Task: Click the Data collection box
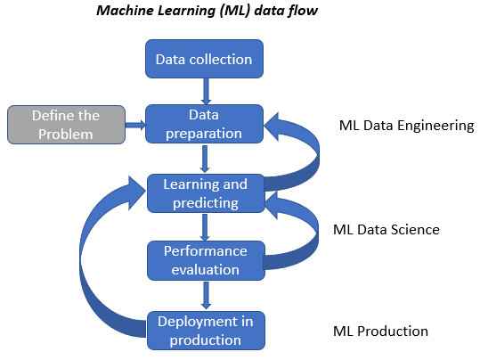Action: click(x=204, y=59)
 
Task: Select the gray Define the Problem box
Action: click(x=66, y=125)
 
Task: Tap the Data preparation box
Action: click(x=204, y=124)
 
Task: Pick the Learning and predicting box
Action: click(x=206, y=193)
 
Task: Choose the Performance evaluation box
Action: click(x=206, y=260)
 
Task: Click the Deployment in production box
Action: click(x=206, y=331)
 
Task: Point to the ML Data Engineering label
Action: click(x=406, y=126)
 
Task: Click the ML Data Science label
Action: click(x=386, y=230)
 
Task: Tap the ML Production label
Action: click(x=380, y=331)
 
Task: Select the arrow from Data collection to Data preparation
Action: click(x=206, y=91)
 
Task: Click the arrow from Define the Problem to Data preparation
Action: click(x=135, y=125)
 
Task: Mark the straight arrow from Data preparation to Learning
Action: click(x=205, y=159)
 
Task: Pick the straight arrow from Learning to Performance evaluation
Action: click(x=205, y=227)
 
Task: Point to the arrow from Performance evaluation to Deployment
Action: click(x=206, y=295)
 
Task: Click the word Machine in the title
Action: click(x=126, y=11)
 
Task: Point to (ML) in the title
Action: click(x=235, y=11)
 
